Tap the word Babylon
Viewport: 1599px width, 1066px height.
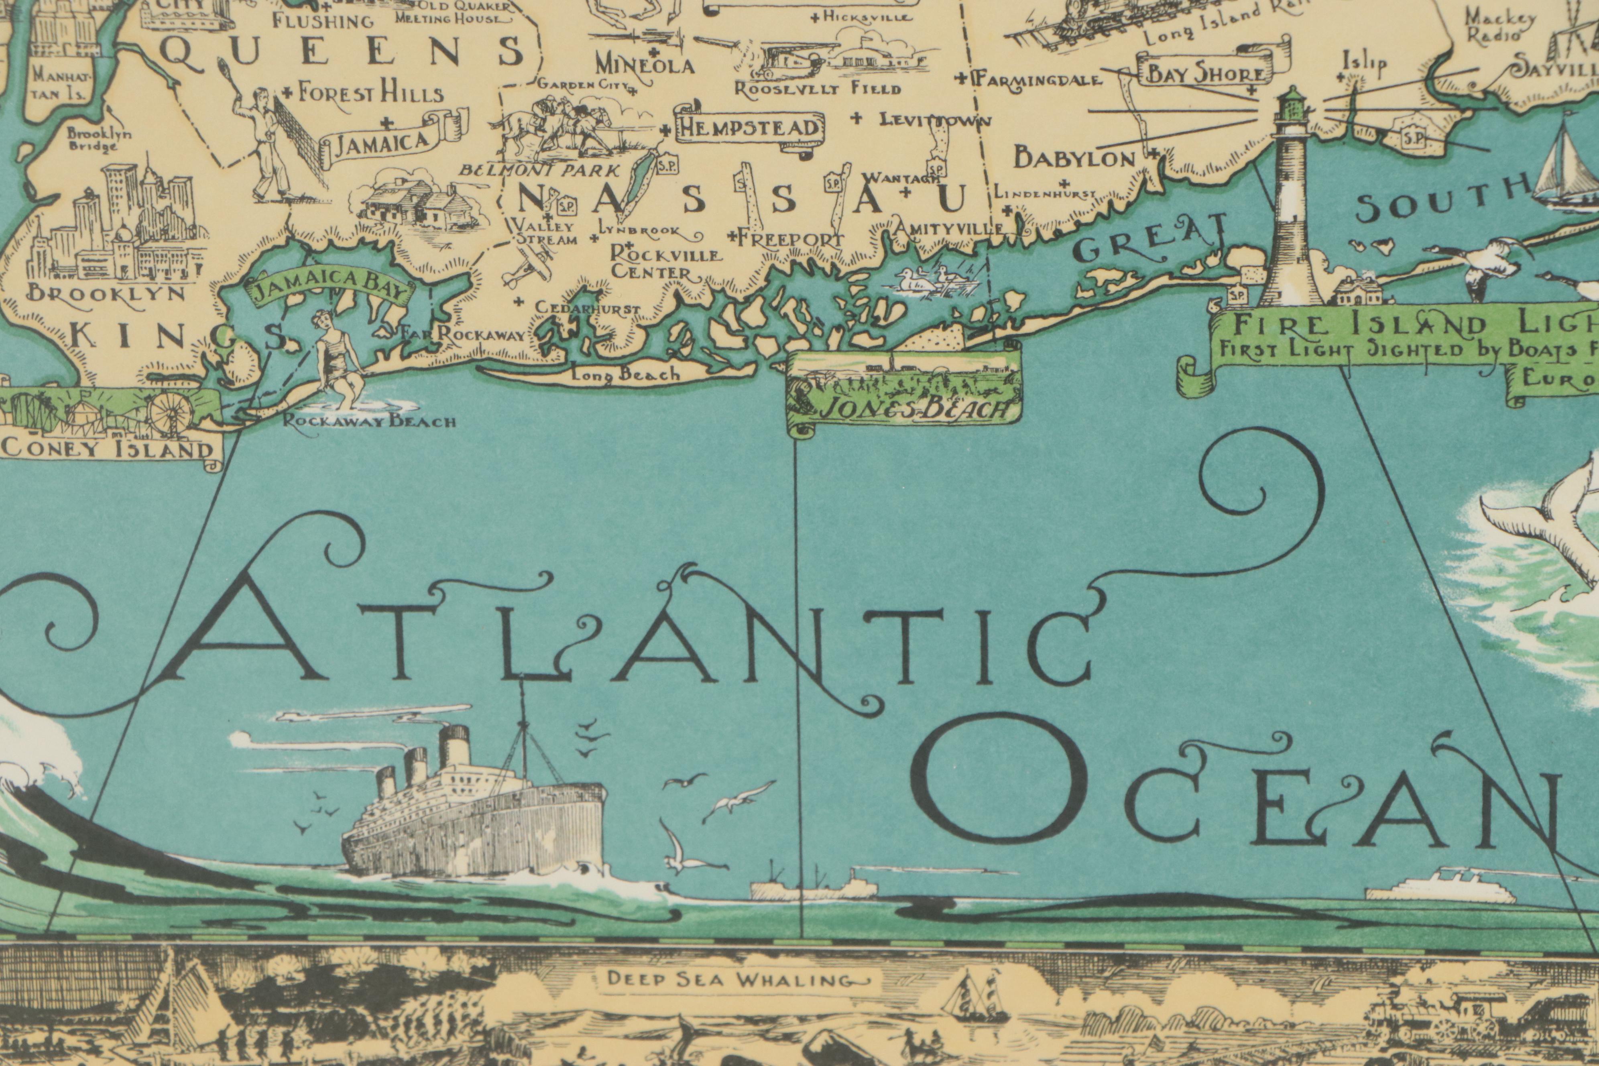[x=1074, y=159]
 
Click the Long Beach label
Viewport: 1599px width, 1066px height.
[x=625, y=373]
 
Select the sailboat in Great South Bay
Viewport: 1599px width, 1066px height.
[x=1564, y=163]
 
